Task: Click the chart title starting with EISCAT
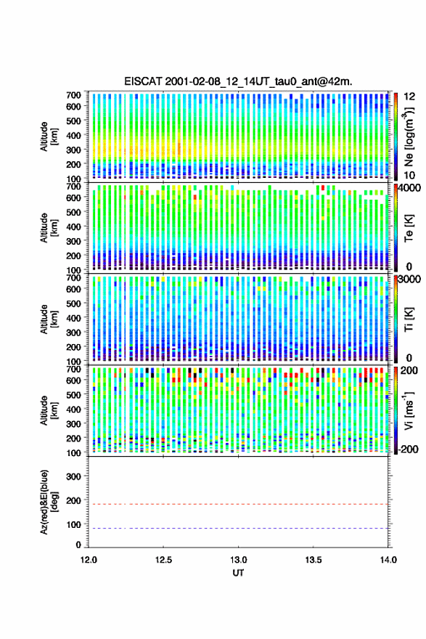(x=238, y=81)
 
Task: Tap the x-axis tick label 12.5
(x=163, y=560)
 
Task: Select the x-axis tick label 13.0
(x=238, y=560)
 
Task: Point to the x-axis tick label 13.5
(x=314, y=560)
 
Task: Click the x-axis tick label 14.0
(x=388, y=560)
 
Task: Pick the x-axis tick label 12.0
(x=89, y=560)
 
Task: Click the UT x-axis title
(x=238, y=573)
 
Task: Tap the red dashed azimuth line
(x=238, y=504)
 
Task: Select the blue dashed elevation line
(x=238, y=528)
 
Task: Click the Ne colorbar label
(x=409, y=137)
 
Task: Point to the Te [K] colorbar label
(x=409, y=228)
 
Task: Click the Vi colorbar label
(x=409, y=410)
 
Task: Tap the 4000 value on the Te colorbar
(x=409, y=188)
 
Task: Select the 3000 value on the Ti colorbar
(x=409, y=279)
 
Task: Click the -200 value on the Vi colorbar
(x=407, y=449)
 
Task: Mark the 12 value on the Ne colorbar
(x=409, y=97)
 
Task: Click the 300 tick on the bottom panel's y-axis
(x=74, y=476)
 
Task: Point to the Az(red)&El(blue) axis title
(x=49, y=502)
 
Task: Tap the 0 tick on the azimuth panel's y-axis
(x=78, y=545)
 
